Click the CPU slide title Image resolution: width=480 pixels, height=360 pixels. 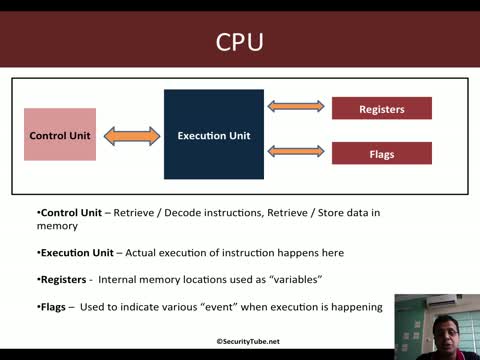[240, 43]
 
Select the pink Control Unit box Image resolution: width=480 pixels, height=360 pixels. [60, 135]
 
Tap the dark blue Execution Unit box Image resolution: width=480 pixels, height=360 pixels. [213, 135]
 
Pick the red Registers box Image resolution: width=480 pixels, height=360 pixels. [381, 108]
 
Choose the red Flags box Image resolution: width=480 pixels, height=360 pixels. [381, 153]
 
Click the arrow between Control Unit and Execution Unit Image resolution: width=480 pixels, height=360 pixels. [130, 135]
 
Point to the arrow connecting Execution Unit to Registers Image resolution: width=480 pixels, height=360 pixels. [297, 105]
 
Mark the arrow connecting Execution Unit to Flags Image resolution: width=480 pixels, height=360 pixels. [297, 151]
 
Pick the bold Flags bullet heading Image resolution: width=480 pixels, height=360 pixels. [54, 307]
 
